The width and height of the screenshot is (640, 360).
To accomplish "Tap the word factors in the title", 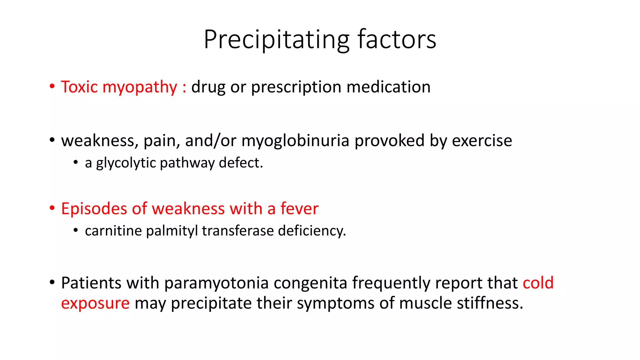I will (x=397, y=40).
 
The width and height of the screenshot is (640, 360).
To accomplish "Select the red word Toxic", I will (x=79, y=87).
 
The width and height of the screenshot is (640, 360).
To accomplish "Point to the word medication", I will (x=388, y=87).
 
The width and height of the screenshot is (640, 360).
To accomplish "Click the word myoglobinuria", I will (x=295, y=141).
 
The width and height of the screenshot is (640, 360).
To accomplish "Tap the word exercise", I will (x=482, y=141).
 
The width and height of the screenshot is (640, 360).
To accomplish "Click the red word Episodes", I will (x=94, y=209).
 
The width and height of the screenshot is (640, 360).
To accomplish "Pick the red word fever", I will (x=299, y=209).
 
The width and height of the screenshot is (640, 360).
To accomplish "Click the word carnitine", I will (x=113, y=231).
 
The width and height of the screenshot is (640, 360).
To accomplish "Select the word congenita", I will (x=310, y=283).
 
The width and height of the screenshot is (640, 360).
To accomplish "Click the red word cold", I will (x=538, y=283).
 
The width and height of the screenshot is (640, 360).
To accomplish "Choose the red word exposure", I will (x=95, y=303).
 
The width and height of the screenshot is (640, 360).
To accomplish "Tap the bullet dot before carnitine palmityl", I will (x=76, y=231).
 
